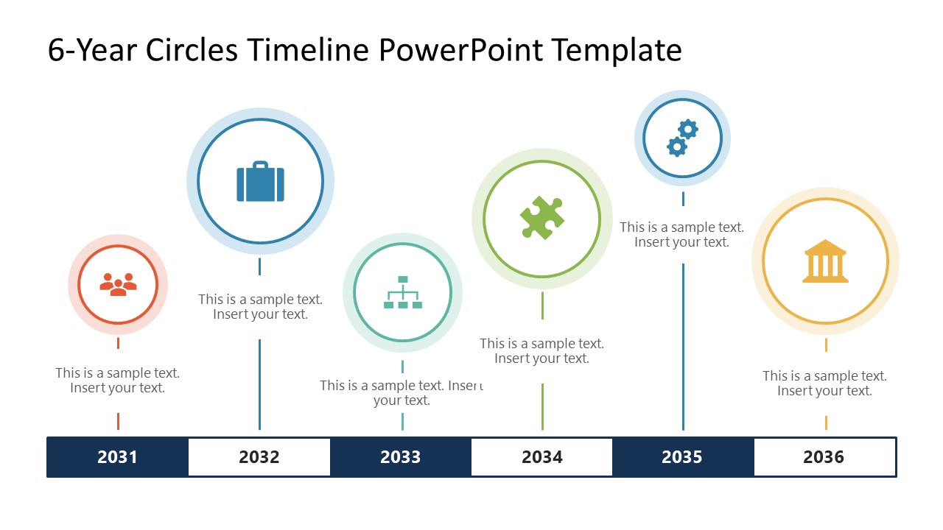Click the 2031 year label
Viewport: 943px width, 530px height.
117,457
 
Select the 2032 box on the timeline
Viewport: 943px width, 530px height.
259,457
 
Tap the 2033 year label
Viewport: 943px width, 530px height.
400,457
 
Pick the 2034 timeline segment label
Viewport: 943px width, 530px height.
541,457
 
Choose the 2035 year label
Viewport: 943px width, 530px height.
682,457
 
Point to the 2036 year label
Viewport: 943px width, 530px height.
824,457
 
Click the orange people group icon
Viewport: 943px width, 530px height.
118,285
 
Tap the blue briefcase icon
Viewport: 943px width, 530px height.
260,181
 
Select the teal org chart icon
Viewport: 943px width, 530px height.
403,292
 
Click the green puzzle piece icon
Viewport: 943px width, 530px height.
542,218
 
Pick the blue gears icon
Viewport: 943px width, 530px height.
682,138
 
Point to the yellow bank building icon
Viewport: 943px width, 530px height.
825,261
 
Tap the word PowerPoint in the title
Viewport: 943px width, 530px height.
460,51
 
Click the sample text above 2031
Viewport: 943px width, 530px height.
117,381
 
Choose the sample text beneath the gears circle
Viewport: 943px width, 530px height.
682,235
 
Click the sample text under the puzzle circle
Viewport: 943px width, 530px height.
541,351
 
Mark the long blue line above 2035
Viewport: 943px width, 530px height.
683,347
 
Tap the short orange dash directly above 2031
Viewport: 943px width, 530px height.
119,421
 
